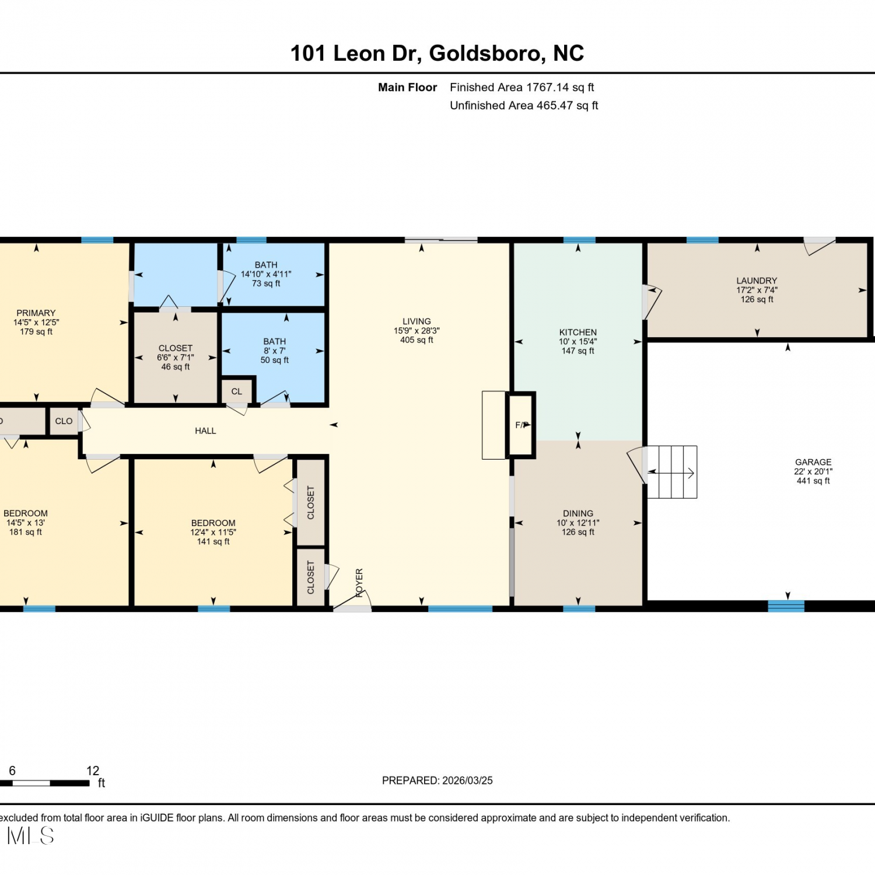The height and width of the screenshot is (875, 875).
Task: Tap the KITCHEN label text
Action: coord(578,332)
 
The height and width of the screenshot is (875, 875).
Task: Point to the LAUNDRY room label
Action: coord(757,281)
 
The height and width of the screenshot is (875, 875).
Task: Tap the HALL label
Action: coord(205,430)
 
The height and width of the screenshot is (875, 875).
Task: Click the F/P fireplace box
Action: coord(521,425)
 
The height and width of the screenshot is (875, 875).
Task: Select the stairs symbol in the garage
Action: coord(672,472)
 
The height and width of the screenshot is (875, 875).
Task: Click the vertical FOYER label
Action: coord(359,583)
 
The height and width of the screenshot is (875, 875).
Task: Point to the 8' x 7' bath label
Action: coord(274,351)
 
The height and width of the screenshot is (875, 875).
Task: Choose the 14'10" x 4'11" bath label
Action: coord(266,274)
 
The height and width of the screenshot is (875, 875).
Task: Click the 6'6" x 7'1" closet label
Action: coord(176,357)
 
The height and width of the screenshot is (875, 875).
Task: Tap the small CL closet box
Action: coord(237,391)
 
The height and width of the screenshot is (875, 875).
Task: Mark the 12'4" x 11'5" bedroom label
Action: coord(213,532)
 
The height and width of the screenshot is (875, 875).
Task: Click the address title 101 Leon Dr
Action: coord(355,54)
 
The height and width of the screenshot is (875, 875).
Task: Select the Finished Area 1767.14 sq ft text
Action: coord(522,87)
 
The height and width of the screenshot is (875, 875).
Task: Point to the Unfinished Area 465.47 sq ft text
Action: coord(524,106)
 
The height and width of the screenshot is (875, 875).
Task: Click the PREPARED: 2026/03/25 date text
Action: coord(437,780)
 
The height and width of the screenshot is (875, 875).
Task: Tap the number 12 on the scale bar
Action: coord(93,771)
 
